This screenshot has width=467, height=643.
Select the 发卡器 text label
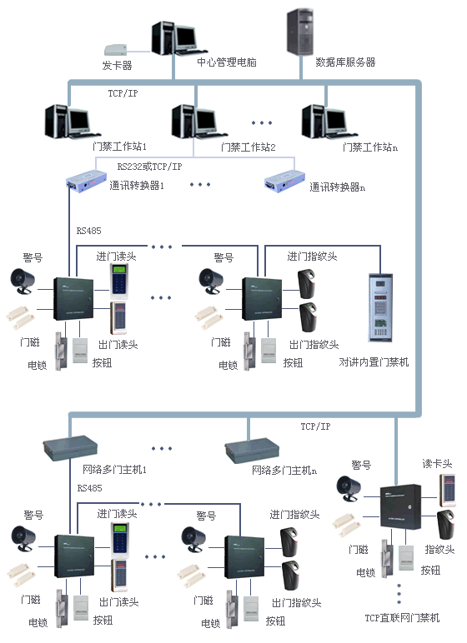(x=118, y=65)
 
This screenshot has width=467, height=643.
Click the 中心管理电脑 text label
(x=226, y=62)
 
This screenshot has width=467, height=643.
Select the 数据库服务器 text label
(x=345, y=62)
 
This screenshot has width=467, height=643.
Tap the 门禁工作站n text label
(x=370, y=147)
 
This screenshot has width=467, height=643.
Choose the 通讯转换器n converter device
(x=284, y=179)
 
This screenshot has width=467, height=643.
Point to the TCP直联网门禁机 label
(x=402, y=618)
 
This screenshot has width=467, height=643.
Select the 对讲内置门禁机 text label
(x=374, y=362)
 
